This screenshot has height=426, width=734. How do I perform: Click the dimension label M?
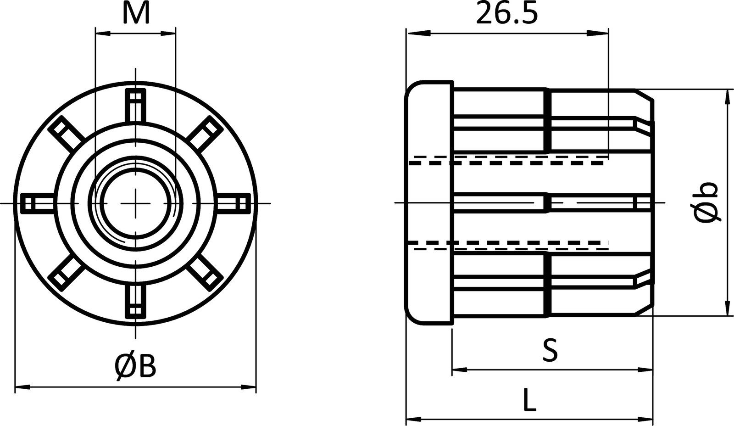tap(136, 14)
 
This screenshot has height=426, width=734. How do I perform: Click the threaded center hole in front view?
tap(136, 203)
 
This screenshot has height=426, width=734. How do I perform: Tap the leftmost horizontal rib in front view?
tap(37, 203)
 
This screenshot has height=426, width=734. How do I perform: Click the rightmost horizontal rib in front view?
tap(235, 203)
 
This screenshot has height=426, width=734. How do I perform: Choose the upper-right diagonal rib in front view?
tap(205, 133)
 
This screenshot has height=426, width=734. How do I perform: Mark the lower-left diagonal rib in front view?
tap(66, 272)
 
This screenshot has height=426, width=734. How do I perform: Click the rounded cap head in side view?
tap(428, 203)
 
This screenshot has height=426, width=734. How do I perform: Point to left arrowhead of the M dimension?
tap(102, 33)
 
